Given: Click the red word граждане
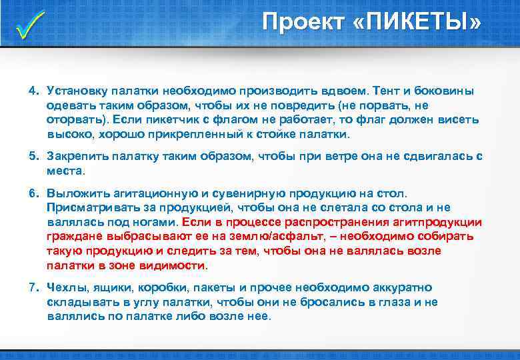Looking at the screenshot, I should coord(73,236).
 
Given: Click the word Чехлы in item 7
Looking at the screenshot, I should coord(63,287).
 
